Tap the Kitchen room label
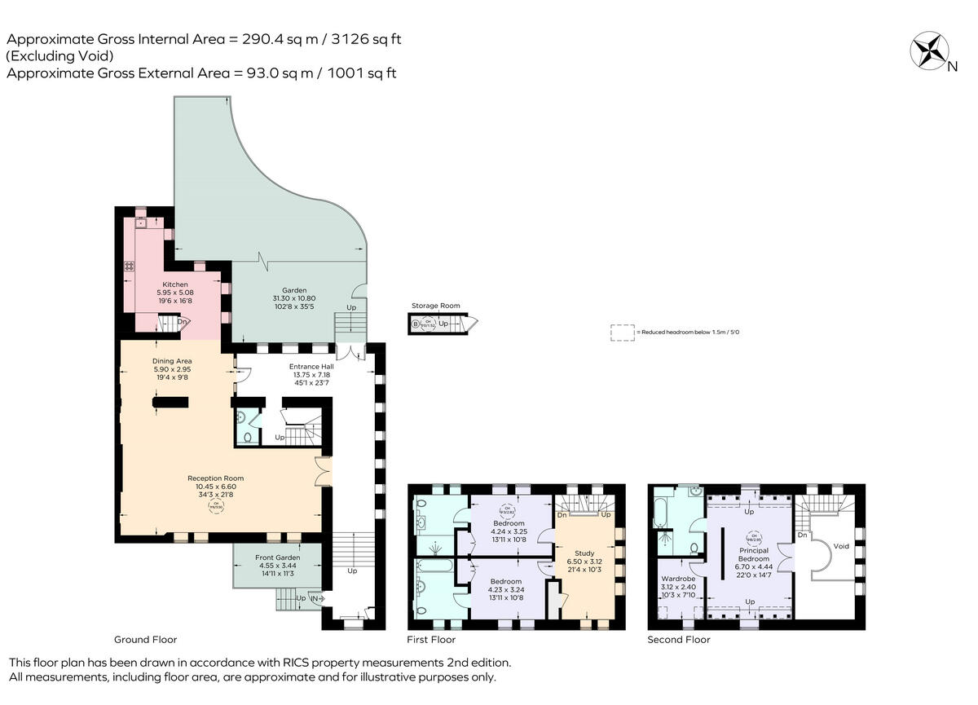click(175, 284)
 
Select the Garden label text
click(294, 290)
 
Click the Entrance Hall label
click(311, 367)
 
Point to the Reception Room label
click(215, 478)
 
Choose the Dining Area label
click(172, 361)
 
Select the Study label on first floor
click(584, 553)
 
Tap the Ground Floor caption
click(146, 640)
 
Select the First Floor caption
click(431, 640)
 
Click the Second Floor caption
click(678, 640)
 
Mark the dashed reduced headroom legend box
click(622, 332)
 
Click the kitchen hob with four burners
click(129, 266)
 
